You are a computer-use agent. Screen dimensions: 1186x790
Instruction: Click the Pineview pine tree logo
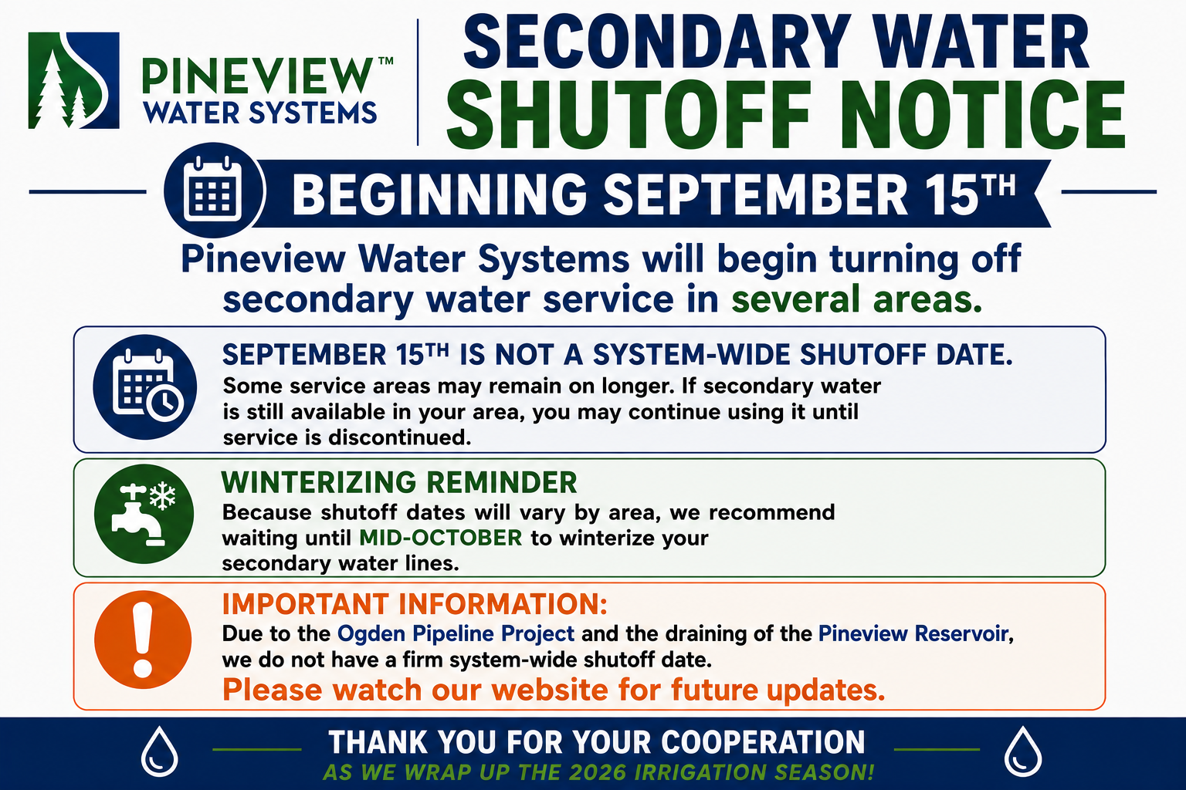[x=73, y=80]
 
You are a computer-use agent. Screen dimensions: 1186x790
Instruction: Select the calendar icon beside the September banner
[x=213, y=190]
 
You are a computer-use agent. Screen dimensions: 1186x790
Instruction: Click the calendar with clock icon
[x=145, y=387]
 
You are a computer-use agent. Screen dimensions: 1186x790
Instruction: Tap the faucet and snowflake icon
[x=144, y=514]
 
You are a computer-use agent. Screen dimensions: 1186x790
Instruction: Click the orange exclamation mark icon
[x=143, y=640]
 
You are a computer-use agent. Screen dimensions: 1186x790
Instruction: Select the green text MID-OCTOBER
[x=441, y=538]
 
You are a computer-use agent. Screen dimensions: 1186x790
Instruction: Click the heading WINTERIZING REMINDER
[x=399, y=483]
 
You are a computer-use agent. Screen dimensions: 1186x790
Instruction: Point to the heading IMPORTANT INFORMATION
[x=415, y=604]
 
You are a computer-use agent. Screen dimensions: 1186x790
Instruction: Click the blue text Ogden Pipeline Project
[x=456, y=634]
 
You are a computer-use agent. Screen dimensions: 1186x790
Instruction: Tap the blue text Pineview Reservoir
[x=913, y=633]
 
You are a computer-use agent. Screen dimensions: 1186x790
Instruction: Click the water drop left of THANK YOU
[x=159, y=751]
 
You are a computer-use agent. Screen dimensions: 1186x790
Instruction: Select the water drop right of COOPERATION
[x=1023, y=751]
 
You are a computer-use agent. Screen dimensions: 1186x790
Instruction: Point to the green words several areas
[x=856, y=299]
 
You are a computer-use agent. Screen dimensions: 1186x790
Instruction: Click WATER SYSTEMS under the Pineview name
[x=260, y=113]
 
